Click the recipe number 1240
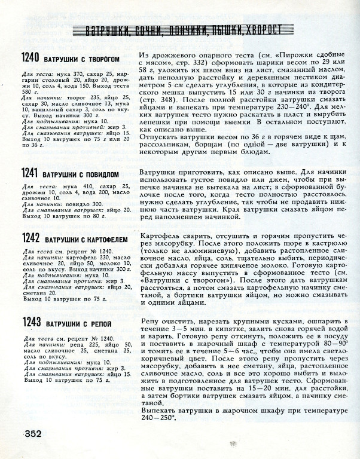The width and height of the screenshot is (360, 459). (30, 58)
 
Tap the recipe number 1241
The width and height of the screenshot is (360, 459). (30, 173)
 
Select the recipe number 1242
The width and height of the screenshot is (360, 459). (30, 238)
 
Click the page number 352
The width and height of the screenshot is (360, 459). (31, 434)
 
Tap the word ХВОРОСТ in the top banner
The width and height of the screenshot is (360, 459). (263, 30)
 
